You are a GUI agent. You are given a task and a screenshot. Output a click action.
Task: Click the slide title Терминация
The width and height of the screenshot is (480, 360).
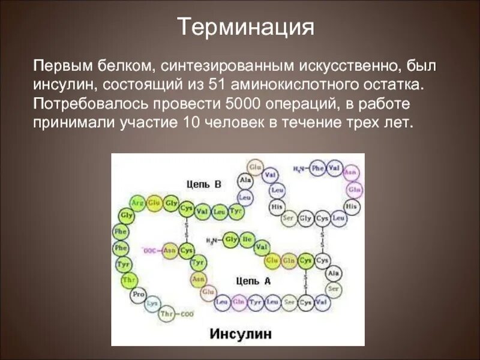point(246,27)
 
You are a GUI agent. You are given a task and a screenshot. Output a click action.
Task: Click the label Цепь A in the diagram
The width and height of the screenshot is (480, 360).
point(254,280)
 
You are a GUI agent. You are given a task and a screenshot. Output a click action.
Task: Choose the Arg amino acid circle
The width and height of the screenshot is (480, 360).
point(138,202)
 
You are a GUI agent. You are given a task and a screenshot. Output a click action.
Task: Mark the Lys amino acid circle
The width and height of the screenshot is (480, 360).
point(154,303)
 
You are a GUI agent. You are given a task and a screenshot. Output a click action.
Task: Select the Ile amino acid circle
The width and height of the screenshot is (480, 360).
point(247,241)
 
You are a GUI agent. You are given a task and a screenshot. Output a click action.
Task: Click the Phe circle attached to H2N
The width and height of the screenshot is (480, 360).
point(318,169)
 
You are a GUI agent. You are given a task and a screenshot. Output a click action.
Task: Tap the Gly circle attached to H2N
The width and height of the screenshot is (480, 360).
point(231,241)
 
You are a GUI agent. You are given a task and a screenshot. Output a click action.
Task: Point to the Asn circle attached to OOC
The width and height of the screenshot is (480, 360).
point(170,250)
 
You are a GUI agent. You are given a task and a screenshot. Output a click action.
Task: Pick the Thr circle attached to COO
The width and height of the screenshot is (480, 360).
point(168,314)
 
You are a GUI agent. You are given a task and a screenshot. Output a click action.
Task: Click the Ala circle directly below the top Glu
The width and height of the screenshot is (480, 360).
point(245,179)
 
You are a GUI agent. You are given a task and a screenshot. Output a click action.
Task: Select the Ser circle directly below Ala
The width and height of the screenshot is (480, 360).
point(334,287)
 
